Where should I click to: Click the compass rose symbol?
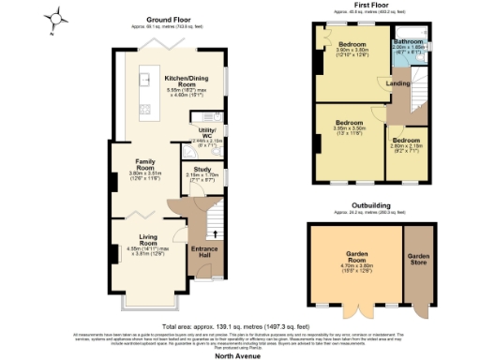[x=59, y=16]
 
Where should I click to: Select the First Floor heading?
[x=372, y=6]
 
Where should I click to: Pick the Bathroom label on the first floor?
[x=409, y=43]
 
